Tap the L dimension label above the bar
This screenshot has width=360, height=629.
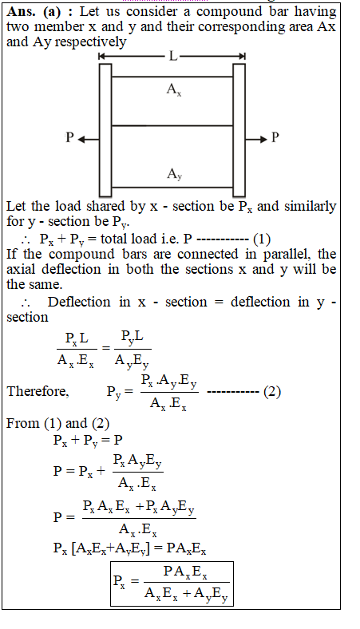point(172,56)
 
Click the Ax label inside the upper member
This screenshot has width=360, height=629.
point(174,89)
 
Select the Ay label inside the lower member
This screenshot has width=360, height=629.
point(175,174)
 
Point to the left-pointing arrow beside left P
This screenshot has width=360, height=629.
point(89,140)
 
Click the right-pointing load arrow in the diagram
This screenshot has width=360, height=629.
point(256,140)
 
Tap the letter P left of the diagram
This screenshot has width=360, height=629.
point(69,137)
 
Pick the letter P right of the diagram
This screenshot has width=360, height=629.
point(275,137)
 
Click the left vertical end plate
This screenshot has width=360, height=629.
point(105,130)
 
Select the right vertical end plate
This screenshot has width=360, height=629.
point(239,130)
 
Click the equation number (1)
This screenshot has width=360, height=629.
point(262,239)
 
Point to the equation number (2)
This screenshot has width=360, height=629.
point(272,391)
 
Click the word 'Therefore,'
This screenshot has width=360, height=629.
point(38,391)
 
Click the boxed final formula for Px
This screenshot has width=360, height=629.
point(172,584)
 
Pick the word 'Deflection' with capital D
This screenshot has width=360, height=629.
point(79,302)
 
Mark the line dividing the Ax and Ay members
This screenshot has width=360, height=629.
point(172,126)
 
